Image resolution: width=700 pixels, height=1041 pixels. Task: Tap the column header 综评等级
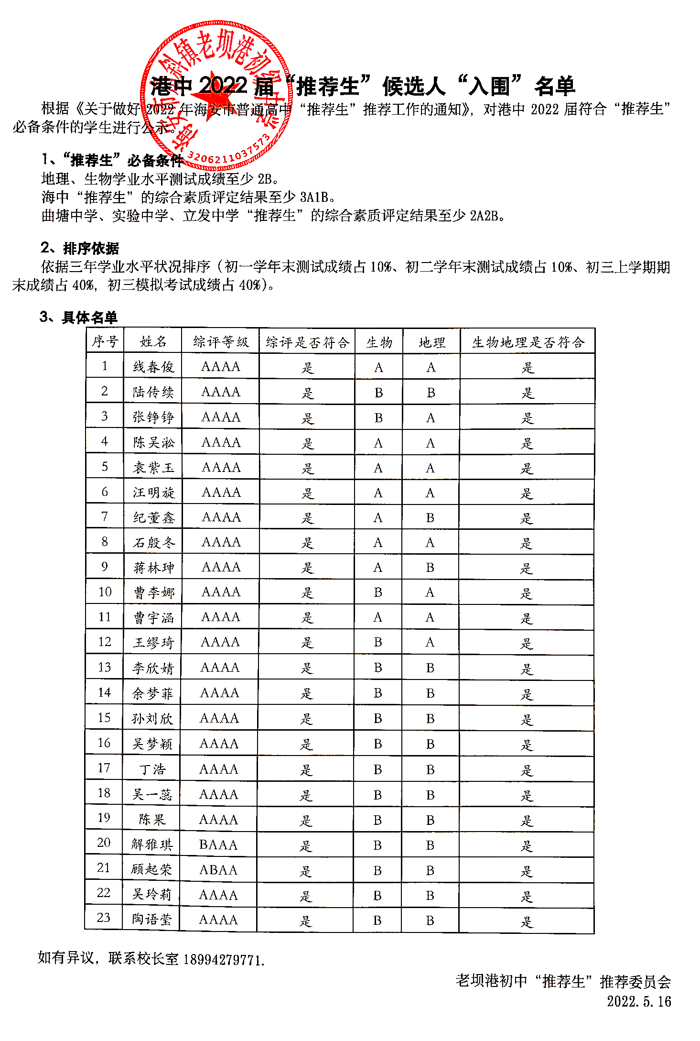point(221,342)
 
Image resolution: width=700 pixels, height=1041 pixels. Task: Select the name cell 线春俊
point(153,367)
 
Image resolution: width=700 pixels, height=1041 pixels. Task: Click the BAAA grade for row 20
point(218,845)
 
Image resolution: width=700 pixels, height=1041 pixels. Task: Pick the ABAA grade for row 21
point(218,870)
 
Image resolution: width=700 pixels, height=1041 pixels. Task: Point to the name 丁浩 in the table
point(152,769)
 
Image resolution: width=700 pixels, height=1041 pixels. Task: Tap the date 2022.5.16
point(639,1001)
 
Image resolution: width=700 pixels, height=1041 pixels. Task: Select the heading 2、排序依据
point(80,248)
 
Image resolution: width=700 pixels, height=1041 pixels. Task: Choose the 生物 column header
point(379,342)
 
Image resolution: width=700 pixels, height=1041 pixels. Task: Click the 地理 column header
point(431,342)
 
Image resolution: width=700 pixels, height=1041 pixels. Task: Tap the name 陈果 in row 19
point(152,820)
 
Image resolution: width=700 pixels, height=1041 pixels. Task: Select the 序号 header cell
point(105,341)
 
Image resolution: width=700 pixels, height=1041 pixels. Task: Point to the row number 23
point(104,918)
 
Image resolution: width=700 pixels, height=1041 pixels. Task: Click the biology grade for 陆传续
point(378,393)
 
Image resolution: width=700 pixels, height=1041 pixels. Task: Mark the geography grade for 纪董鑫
point(430,518)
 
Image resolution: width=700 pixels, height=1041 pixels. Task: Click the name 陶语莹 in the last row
point(152,919)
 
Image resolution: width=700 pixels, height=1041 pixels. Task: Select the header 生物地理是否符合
point(528,342)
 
